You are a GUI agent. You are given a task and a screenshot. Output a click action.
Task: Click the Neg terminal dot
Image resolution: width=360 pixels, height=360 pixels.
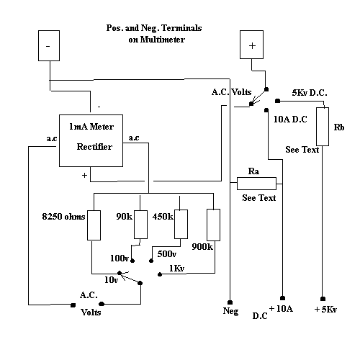(x=230, y=302)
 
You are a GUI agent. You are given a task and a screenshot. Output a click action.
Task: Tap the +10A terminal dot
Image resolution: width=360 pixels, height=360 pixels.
(x=282, y=298)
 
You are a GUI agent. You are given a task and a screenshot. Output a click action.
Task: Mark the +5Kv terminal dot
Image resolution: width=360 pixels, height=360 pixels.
(x=323, y=299)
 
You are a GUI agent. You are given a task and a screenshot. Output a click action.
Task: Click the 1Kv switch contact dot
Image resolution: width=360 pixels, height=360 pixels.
(x=160, y=274)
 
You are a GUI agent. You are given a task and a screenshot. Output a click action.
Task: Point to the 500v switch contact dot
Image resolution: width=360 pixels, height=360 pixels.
(x=151, y=261)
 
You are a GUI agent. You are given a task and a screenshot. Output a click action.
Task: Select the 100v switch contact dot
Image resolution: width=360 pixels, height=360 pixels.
(x=132, y=261)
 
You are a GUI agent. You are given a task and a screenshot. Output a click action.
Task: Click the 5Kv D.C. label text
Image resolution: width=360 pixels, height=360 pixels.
(x=310, y=93)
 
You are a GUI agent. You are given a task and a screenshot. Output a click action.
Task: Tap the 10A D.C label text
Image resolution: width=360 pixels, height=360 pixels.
(x=290, y=120)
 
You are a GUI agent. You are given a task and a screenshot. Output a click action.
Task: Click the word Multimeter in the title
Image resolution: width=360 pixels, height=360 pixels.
(x=163, y=40)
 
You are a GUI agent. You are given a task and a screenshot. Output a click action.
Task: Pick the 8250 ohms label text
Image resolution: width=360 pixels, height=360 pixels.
(x=63, y=217)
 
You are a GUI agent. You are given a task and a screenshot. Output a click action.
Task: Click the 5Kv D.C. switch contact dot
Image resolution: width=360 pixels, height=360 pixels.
(x=277, y=101)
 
